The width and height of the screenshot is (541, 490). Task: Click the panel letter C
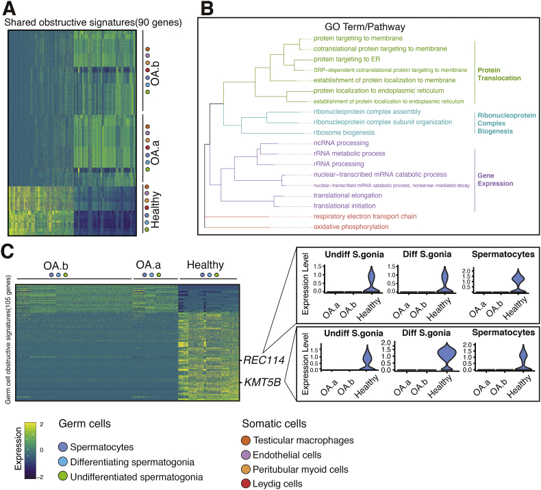point(11,251)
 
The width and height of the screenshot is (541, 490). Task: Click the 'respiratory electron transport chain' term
point(356,215)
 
